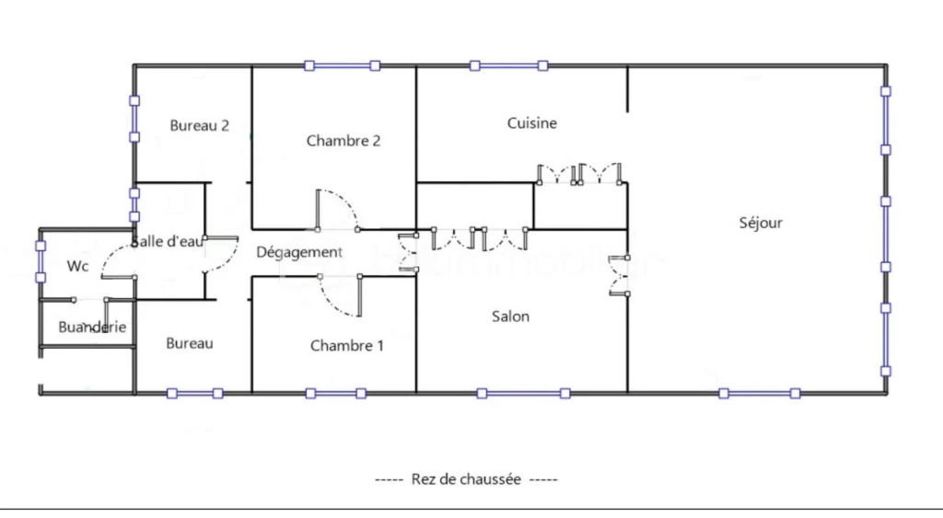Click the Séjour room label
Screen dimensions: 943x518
[761, 223]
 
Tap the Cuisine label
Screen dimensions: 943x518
[531, 123]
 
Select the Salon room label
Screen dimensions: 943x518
[510, 317]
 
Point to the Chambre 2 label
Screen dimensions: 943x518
[343, 141]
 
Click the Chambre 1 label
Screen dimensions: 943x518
[347, 346]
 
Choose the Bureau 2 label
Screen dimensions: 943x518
[199, 126]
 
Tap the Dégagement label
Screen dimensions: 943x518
[299, 252]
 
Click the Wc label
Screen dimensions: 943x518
[77, 266]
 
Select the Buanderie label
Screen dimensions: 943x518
[92, 327]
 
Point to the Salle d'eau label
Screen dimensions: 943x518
[168, 242]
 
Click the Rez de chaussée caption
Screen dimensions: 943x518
[466, 479]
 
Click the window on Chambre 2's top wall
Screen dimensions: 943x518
[343, 65]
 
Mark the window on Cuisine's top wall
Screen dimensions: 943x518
[508, 65]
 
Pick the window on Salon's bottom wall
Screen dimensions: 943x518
[523, 394]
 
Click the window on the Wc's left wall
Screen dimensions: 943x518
[41, 261]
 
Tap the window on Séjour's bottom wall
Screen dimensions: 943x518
[760, 394]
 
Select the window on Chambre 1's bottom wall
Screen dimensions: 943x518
[335, 394]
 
